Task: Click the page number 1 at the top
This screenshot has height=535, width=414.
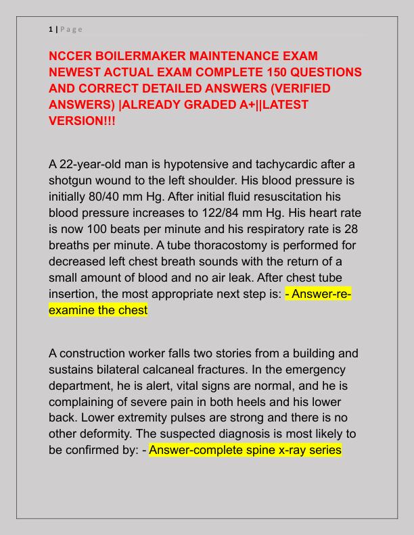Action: [x=51, y=28]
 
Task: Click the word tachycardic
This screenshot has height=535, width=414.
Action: [x=272, y=165]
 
